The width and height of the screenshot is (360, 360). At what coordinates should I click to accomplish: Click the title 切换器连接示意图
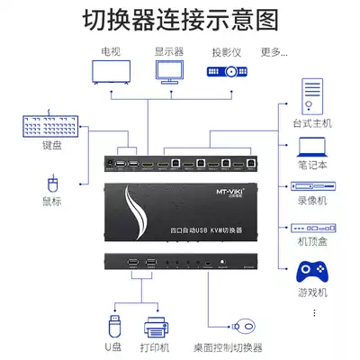click(179, 18)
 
